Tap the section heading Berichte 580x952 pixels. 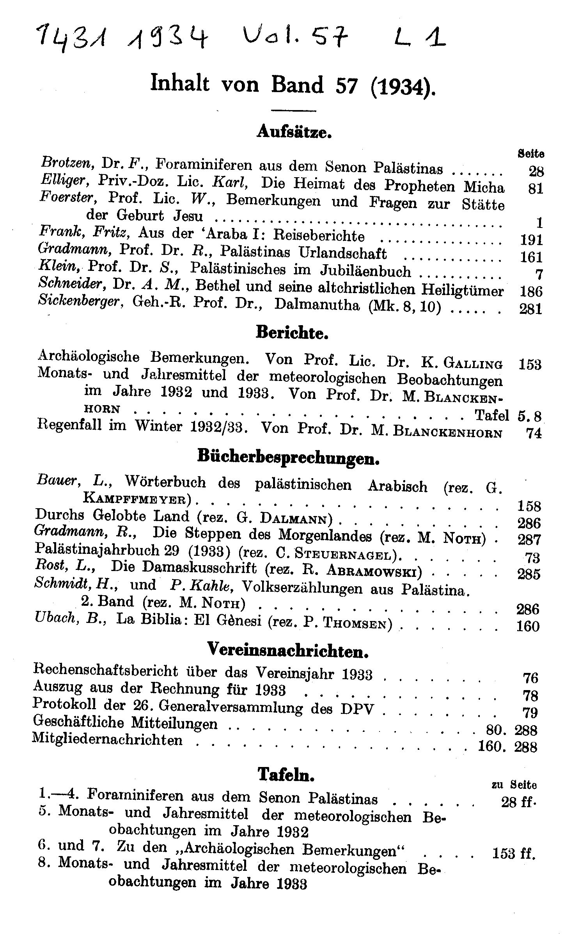tap(292, 333)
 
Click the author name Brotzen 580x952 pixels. tap(66, 162)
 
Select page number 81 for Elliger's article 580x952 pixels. tap(536, 189)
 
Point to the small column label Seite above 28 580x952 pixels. tap(531, 154)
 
